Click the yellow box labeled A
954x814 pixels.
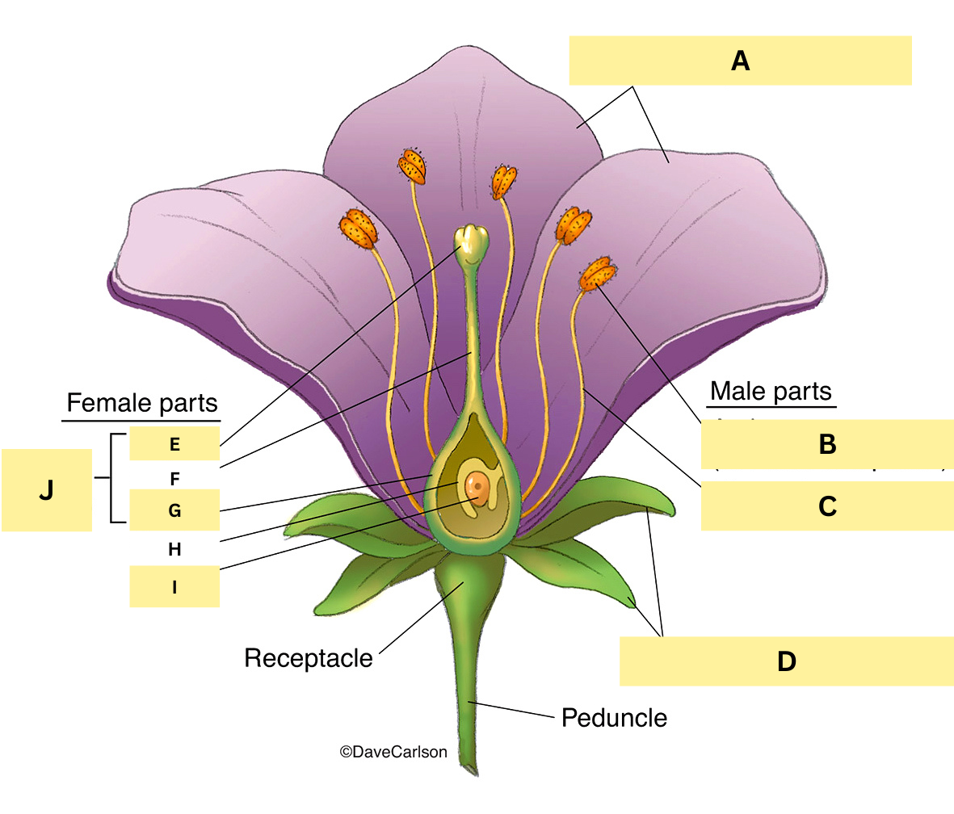[740, 61]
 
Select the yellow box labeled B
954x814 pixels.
[826, 444]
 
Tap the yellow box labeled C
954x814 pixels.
[826, 506]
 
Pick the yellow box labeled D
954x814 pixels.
[786, 661]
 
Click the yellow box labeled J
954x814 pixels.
[47, 490]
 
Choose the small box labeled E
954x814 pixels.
[174, 443]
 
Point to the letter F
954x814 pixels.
[174, 478]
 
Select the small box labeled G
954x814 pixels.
[174, 510]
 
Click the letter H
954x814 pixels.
[174, 549]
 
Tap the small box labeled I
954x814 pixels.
[174, 587]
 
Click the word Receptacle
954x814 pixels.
[309, 658]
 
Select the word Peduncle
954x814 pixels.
[614, 717]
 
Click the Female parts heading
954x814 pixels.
[142, 402]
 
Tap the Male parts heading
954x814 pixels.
[771, 392]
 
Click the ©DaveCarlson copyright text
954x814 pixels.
[393, 752]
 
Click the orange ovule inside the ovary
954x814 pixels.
[478, 489]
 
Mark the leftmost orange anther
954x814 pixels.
[359, 228]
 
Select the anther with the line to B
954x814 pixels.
[596, 275]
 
